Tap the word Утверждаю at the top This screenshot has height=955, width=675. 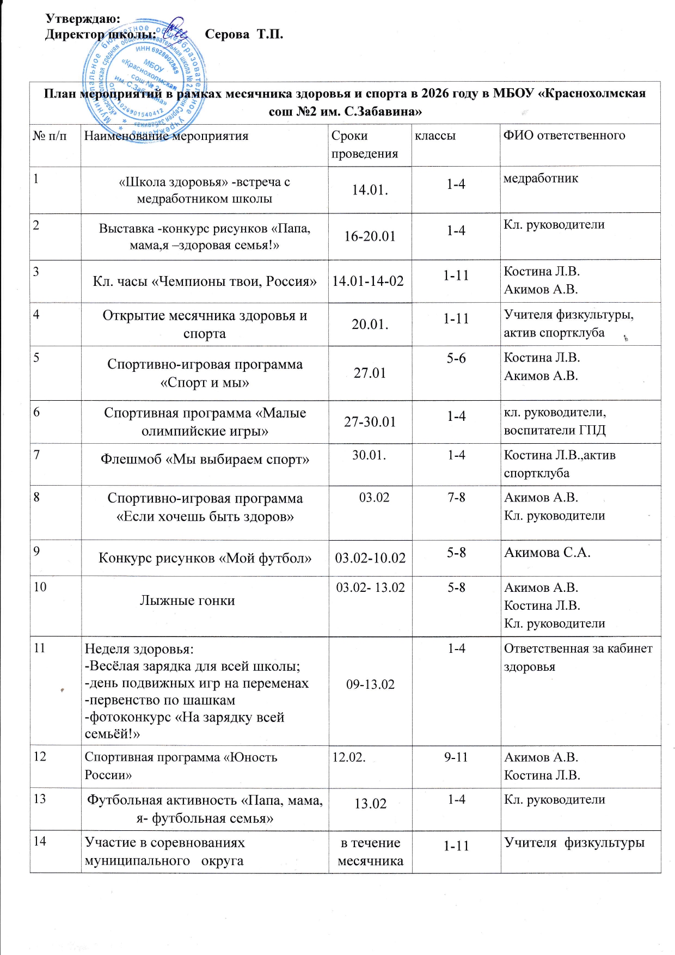(x=82, y=19)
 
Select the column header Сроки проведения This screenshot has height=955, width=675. (x=364, y=144)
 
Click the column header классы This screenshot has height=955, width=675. (x=435, y=136)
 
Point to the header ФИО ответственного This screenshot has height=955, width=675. (x=564, y=136)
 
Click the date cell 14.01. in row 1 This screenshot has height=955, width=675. (x=370, y=190)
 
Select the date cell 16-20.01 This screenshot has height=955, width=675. (x=370, y=236)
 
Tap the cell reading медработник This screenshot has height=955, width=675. (x=541, y=179)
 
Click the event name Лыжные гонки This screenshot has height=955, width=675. (x=187, y=601)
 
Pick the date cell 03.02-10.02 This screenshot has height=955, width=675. (x=370, y=558)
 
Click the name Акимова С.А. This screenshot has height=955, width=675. (x=547, y=553)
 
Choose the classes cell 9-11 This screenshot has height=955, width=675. (x=456, y=757)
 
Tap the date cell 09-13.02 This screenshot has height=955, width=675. (x=370, y=684)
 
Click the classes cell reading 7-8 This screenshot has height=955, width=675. (x=456, y=498)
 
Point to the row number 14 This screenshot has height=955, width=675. (x=40, y=841)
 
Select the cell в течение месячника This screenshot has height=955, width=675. (x=370, y=852)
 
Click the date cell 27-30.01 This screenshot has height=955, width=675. (x=370, y=422)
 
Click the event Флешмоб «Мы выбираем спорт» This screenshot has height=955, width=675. (x=205, y=460)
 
